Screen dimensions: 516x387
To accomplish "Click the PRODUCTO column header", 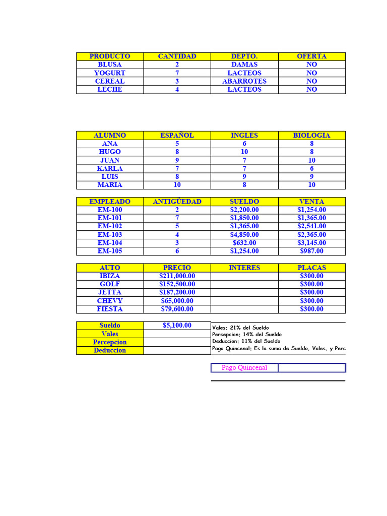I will (110, 56).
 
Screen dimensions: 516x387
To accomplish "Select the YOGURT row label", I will (110, 73).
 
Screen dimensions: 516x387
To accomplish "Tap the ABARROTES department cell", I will (244, 81).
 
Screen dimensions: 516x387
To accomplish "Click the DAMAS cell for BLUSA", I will (244, 64).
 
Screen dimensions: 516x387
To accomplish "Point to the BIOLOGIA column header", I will (311, 135).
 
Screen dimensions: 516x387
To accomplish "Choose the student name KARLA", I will (110, 168).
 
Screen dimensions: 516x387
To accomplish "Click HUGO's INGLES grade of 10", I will (244, 152).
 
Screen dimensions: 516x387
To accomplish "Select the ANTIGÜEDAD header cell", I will (177, 202).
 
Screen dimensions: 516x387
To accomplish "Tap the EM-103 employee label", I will (110, 234).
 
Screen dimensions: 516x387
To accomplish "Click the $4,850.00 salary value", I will (244, 234).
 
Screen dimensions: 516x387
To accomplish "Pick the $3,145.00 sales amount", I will (311, 243).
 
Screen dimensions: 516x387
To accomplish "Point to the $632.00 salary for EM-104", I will (244, 243).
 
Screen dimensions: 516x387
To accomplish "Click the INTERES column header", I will (244, 268).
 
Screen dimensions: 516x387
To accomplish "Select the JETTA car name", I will (110, 292).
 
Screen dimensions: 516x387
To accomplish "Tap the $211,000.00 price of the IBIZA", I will (177, 276).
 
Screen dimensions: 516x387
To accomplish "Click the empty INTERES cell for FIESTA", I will (244, 309).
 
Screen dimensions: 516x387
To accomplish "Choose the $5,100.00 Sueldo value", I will (177, 326).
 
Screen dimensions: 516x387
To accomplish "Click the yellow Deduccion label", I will (110, 350).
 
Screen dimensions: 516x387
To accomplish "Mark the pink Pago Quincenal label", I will (244, 368).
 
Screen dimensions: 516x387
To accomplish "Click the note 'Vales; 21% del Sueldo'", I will (240, 328).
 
